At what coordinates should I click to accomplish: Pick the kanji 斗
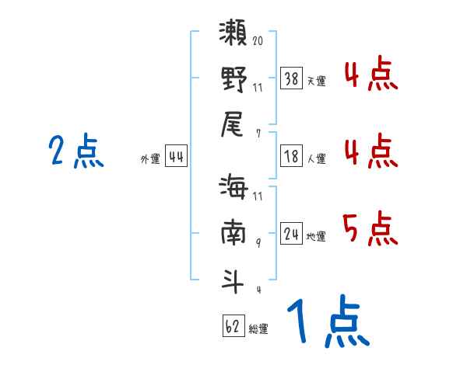233,278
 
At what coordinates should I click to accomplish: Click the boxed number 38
292,78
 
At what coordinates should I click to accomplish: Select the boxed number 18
292,157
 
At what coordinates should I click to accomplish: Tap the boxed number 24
292,233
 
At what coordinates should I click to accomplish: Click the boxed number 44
176,157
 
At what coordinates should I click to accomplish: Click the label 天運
317,80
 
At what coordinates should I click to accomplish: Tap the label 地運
317,236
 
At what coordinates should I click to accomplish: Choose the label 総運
258,328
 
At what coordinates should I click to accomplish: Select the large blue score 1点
327,322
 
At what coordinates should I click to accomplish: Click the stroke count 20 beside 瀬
258,40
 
